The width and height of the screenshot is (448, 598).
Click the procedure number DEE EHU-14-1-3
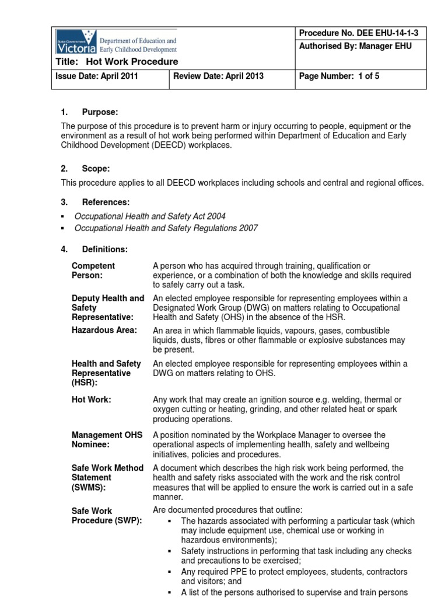tap(355, 33)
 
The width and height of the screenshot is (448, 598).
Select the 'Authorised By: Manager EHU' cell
tap(355, 46)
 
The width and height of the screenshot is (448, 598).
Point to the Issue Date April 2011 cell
tap(96, 76)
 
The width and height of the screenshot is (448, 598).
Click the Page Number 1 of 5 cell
tap(339, 76)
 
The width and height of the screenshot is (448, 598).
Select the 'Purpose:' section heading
tap(100, 112)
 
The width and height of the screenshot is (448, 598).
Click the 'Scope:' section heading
tap(96, 169)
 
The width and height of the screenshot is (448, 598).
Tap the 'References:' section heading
tap(106, 202)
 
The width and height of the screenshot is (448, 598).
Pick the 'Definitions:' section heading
tap(105, 249)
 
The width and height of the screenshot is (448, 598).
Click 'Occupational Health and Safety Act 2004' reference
tap(150, 216)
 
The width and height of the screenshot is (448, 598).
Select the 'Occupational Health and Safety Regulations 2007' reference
tap(166, 228)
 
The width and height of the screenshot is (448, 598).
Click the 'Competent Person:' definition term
tap(93, 270)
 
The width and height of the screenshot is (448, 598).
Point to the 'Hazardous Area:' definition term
tap(104, 331)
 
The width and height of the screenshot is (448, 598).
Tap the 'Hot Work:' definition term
tap(91, 400)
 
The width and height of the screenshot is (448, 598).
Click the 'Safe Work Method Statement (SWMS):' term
tap(107, 478)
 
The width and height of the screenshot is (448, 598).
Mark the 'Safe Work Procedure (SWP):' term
tap(106, 516)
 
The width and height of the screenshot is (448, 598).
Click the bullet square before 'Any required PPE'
tap(169, 572)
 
